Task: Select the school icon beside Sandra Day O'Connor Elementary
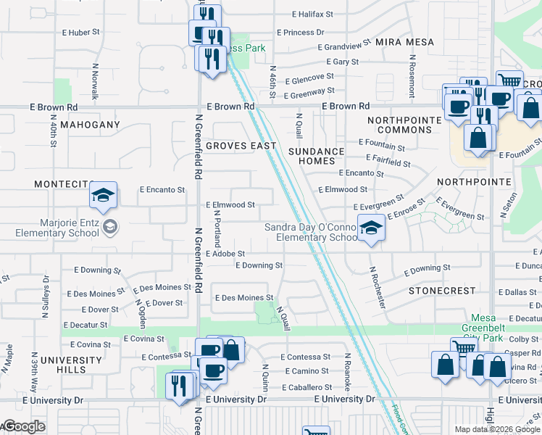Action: [371, 228]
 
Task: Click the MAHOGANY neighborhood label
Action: [90, 125]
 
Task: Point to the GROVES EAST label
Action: [241, 146]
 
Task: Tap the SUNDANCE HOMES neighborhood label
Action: [317, 156]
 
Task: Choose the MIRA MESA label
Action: [405, 42]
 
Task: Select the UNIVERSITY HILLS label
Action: [71, 365]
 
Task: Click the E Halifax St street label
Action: [312, 14]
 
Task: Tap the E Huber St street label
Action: [80, 33]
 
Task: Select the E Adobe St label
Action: [225, 254]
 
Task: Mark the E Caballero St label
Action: [305, 387]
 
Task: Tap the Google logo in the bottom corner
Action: [23, 426]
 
